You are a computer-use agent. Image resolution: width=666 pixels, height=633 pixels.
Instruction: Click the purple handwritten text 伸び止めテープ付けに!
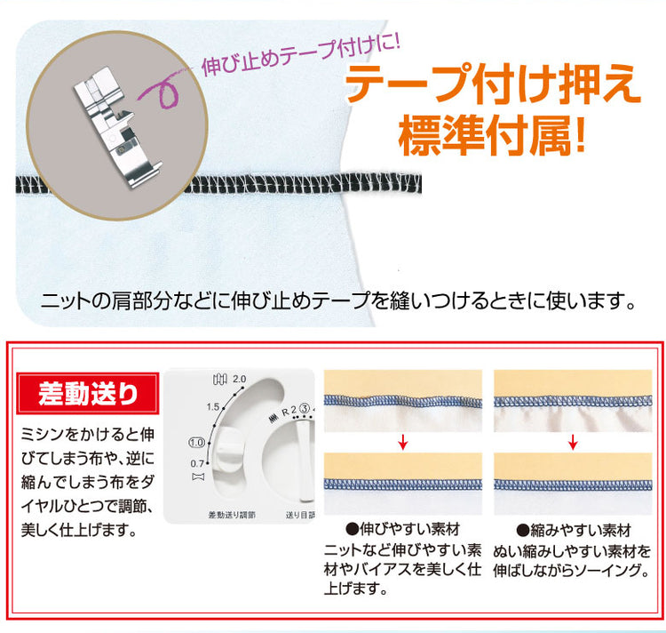point(301,54)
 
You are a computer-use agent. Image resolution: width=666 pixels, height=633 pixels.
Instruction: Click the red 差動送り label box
point(88,393)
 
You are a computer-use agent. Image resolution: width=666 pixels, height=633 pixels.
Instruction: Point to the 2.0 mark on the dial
point(239,379)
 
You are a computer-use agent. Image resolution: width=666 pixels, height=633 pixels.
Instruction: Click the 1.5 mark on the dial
point(213,407)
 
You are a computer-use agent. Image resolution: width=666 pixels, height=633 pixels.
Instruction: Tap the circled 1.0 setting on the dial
point(196,442)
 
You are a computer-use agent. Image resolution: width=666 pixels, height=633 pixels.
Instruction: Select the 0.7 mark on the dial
point(197,463)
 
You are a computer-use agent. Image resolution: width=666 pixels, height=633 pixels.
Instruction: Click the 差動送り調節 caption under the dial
point(232,515)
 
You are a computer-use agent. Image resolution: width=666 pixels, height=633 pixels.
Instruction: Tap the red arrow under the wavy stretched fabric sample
point(402,443)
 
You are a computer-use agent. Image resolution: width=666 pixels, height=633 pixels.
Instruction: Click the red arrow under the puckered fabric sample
point(573,443)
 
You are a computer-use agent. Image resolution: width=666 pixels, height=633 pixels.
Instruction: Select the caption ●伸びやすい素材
point(402,529)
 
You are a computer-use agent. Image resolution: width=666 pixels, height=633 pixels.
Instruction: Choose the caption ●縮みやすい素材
point(574,530)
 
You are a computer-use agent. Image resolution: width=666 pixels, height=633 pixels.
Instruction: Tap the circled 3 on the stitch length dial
point(304,409)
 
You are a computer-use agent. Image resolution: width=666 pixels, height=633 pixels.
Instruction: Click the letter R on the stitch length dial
point(285,412)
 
